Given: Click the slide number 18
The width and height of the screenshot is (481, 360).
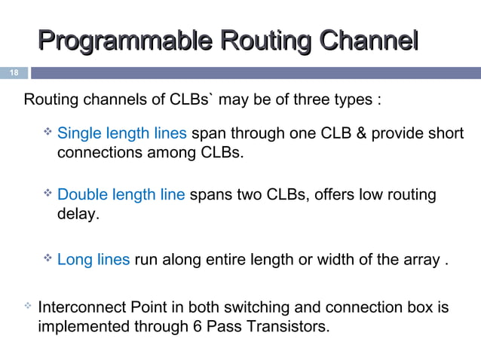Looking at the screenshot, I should coord(13,73).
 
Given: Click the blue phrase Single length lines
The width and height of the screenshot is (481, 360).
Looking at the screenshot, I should coord(122,134).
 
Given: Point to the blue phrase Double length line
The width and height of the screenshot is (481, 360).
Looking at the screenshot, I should coord(121,195).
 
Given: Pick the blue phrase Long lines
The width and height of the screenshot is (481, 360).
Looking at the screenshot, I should coord(93,261).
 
